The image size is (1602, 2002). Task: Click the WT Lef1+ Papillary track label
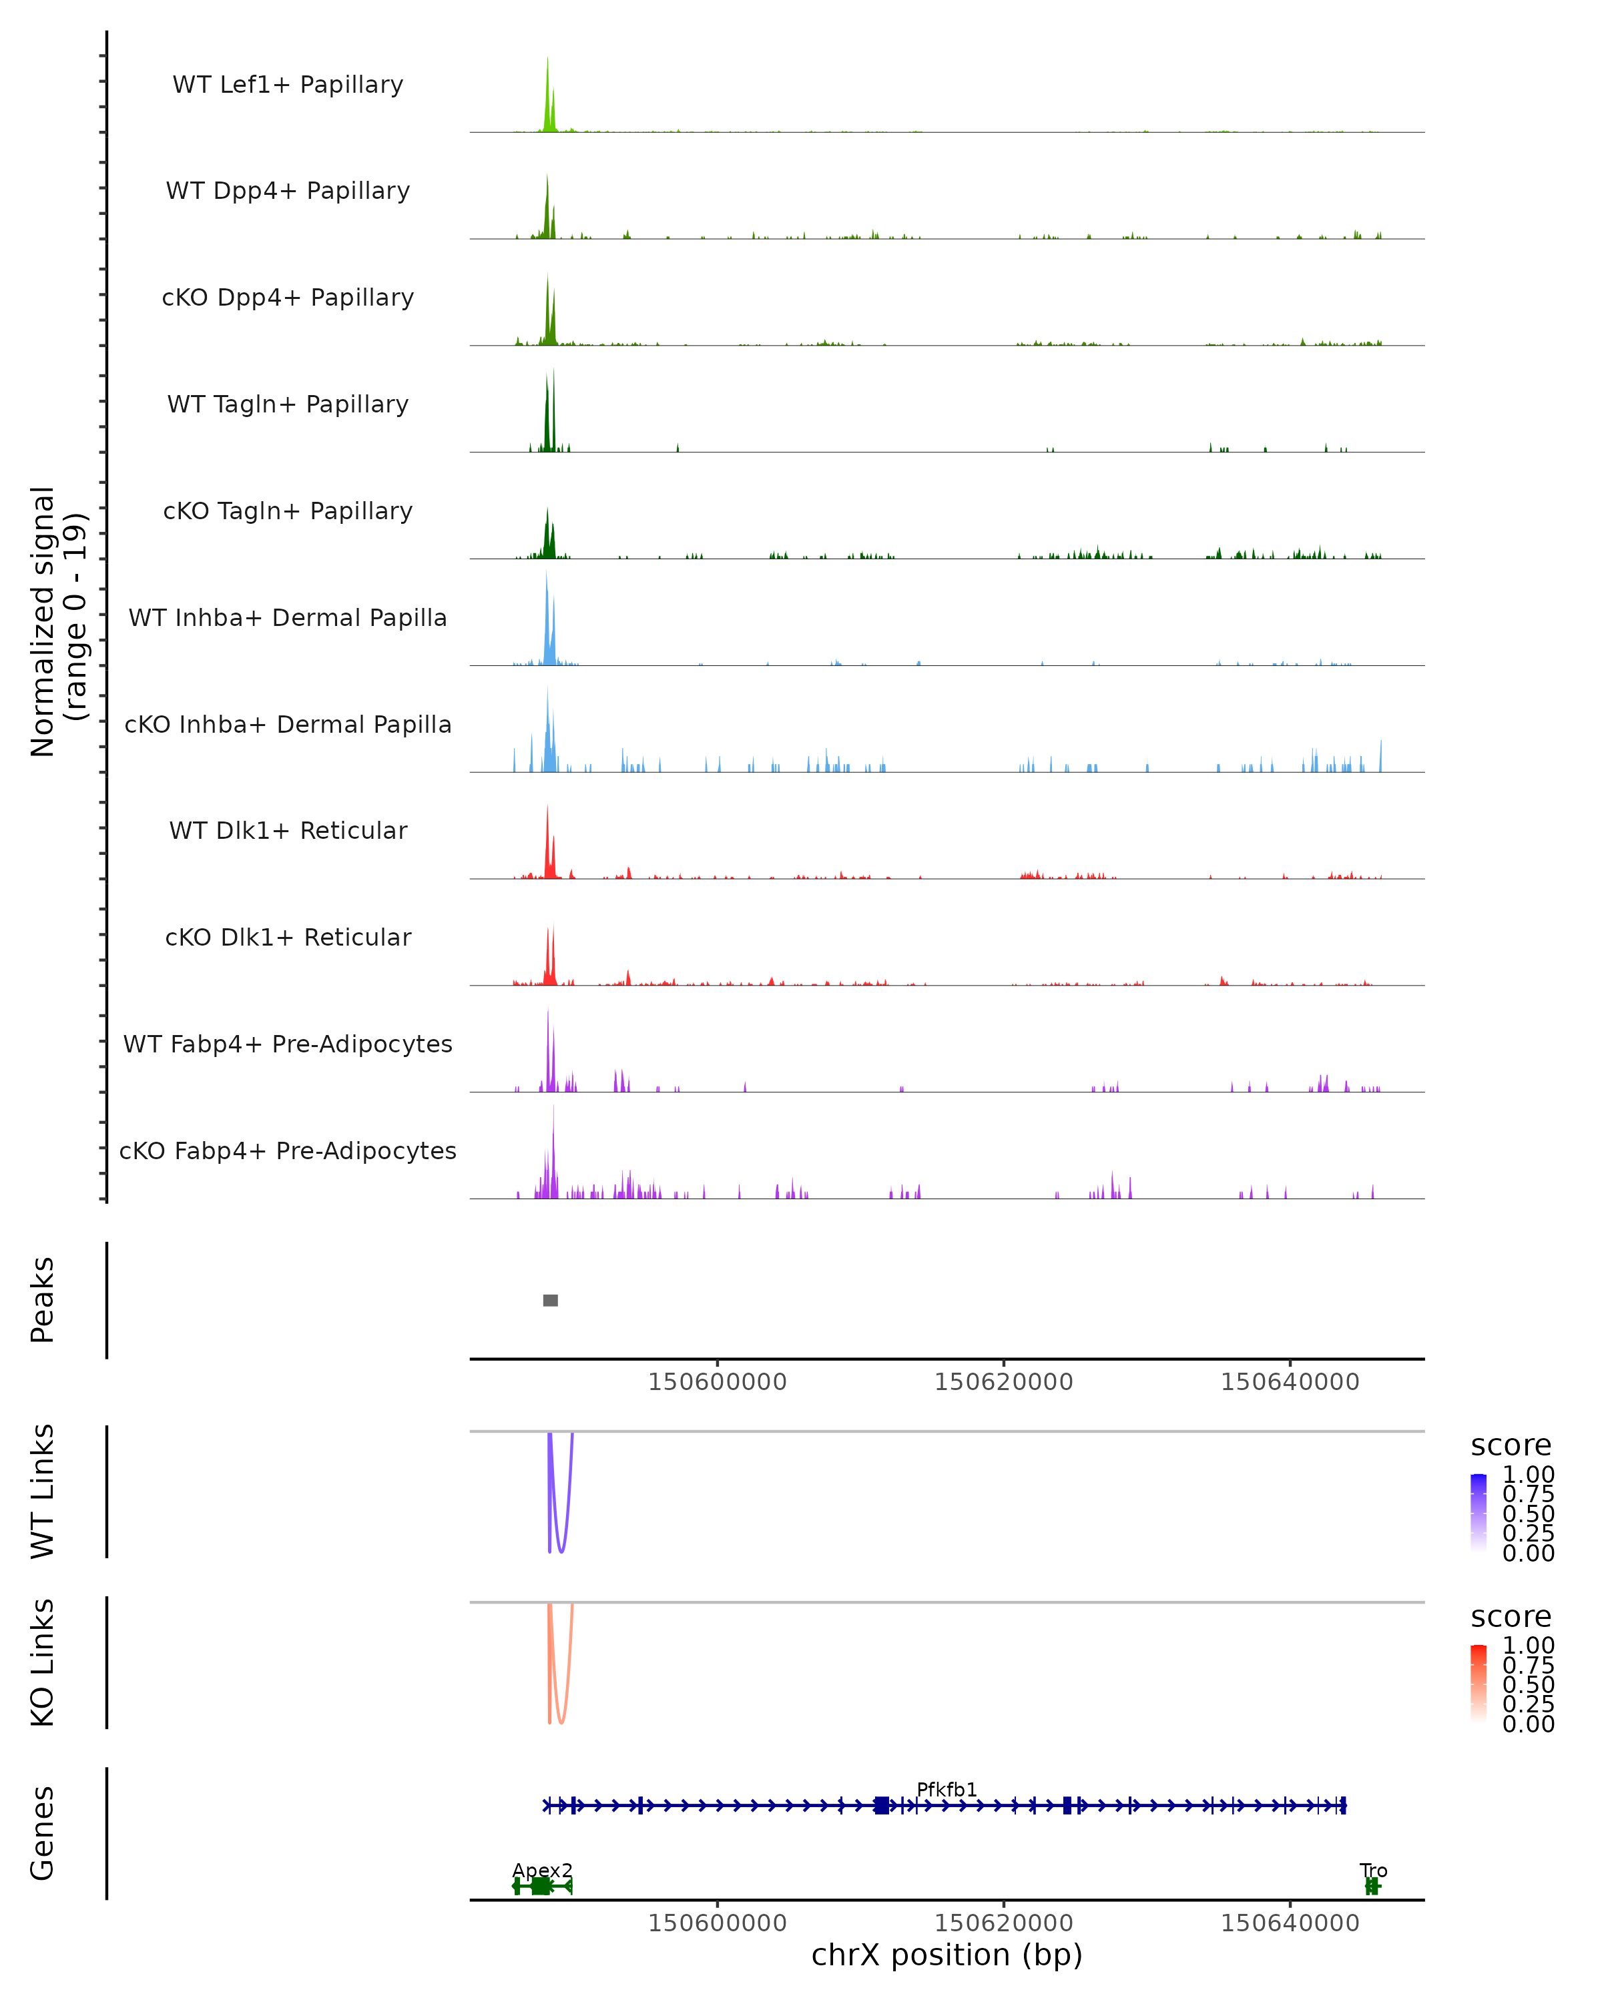tap(288, 85)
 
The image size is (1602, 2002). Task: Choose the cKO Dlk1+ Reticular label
tap(288, 937)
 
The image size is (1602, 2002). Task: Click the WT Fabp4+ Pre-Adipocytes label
tap(288, 1044)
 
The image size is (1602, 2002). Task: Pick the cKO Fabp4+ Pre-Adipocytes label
tap(288, 1150)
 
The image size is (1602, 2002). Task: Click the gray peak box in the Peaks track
tap(551, 1300)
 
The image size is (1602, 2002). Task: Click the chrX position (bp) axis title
tap(947, 1955)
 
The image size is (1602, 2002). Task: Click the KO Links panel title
tap(43, 1662)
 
